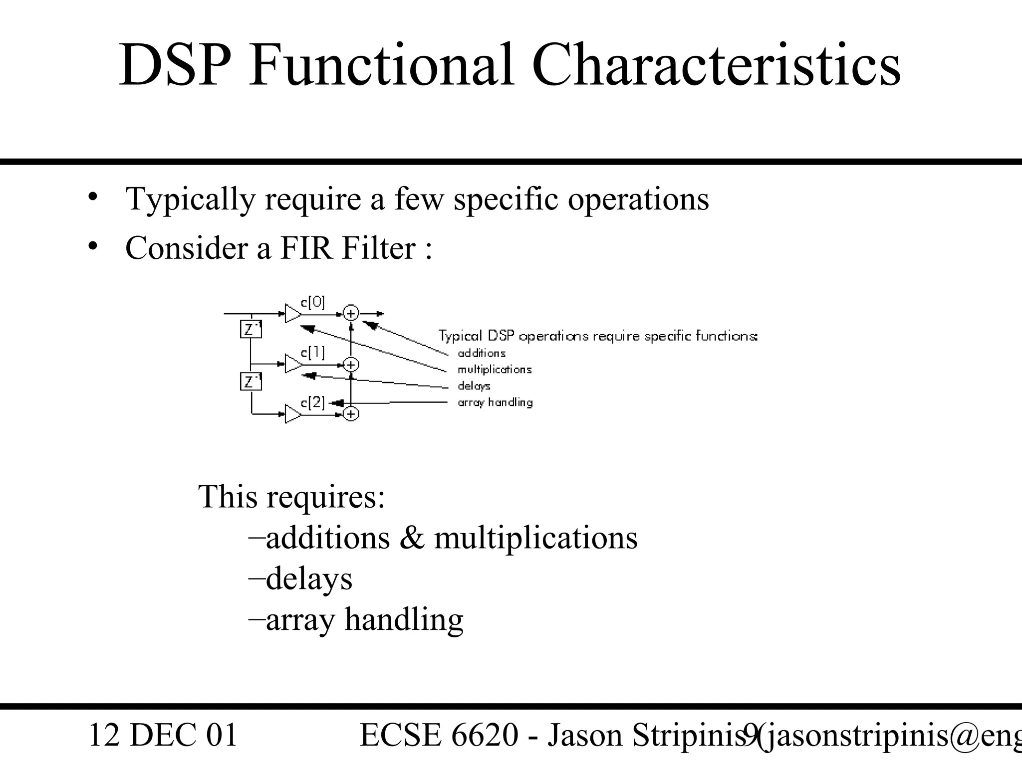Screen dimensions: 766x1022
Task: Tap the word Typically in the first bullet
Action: tap(190, 199)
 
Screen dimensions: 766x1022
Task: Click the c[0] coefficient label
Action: tap(313, 302)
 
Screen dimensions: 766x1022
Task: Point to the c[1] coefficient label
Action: tap(313, 353)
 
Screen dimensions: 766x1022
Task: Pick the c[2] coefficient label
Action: tap(313, 402)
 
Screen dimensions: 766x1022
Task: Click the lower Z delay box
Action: tap(251, 382)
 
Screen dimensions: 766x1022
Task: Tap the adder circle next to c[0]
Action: tap(351, 314)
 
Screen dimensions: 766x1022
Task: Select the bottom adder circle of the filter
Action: tap(351, 414)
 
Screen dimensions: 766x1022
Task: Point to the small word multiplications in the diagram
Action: tap(495, 370)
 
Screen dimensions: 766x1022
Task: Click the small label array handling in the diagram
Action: tap(495, 402)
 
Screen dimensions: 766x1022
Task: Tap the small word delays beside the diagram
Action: tap(474, 386)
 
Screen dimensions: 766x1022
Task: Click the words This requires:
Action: tap(292, 497)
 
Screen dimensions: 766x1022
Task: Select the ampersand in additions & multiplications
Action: tap(412, 539)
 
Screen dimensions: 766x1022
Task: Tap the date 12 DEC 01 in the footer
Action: tap(163, 735)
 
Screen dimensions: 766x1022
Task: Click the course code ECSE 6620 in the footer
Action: tap(439, 735)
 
